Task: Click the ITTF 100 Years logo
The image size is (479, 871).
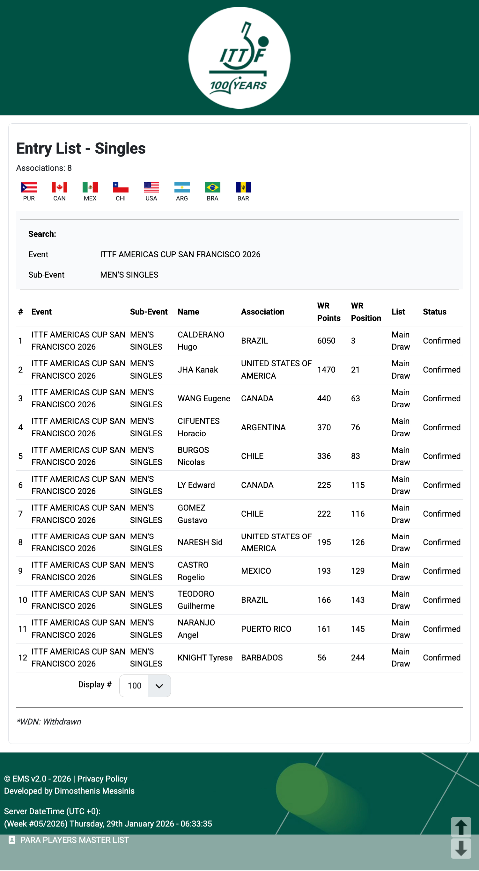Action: [x=239, y=58]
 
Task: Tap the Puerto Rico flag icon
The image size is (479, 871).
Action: [x=29, y=187]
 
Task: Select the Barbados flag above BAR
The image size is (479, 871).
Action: [x=243, y=187]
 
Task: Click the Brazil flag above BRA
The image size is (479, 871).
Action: [x=212, y=187]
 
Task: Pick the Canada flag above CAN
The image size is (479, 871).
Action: [x=59, y=187]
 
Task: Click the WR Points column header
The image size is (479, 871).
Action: [x=328, y=312]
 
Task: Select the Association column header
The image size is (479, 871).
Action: [x=262, y=312]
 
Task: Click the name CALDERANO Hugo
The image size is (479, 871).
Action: [x=201, y=340]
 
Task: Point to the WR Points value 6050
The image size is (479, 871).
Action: [x=326, y=341]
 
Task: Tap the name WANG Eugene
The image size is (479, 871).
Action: [x=204, y=398]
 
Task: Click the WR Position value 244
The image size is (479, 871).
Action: [x=357, y=658]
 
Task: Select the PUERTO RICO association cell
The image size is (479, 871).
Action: [x=266, y=629]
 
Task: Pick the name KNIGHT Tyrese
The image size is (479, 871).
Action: [x=205, y=658]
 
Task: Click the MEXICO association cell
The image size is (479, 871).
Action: [x=256, y=571]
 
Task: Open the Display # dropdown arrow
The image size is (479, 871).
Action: [x=159, y=686]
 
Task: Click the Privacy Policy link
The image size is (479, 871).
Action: [x=102, y=779]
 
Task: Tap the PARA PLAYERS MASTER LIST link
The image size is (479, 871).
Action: [x=74, y=840]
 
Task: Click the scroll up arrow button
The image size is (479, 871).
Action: [x=461, y=827]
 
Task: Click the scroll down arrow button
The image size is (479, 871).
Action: [x=461, y=848]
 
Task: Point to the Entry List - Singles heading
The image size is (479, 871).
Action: [x=81, y=149]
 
